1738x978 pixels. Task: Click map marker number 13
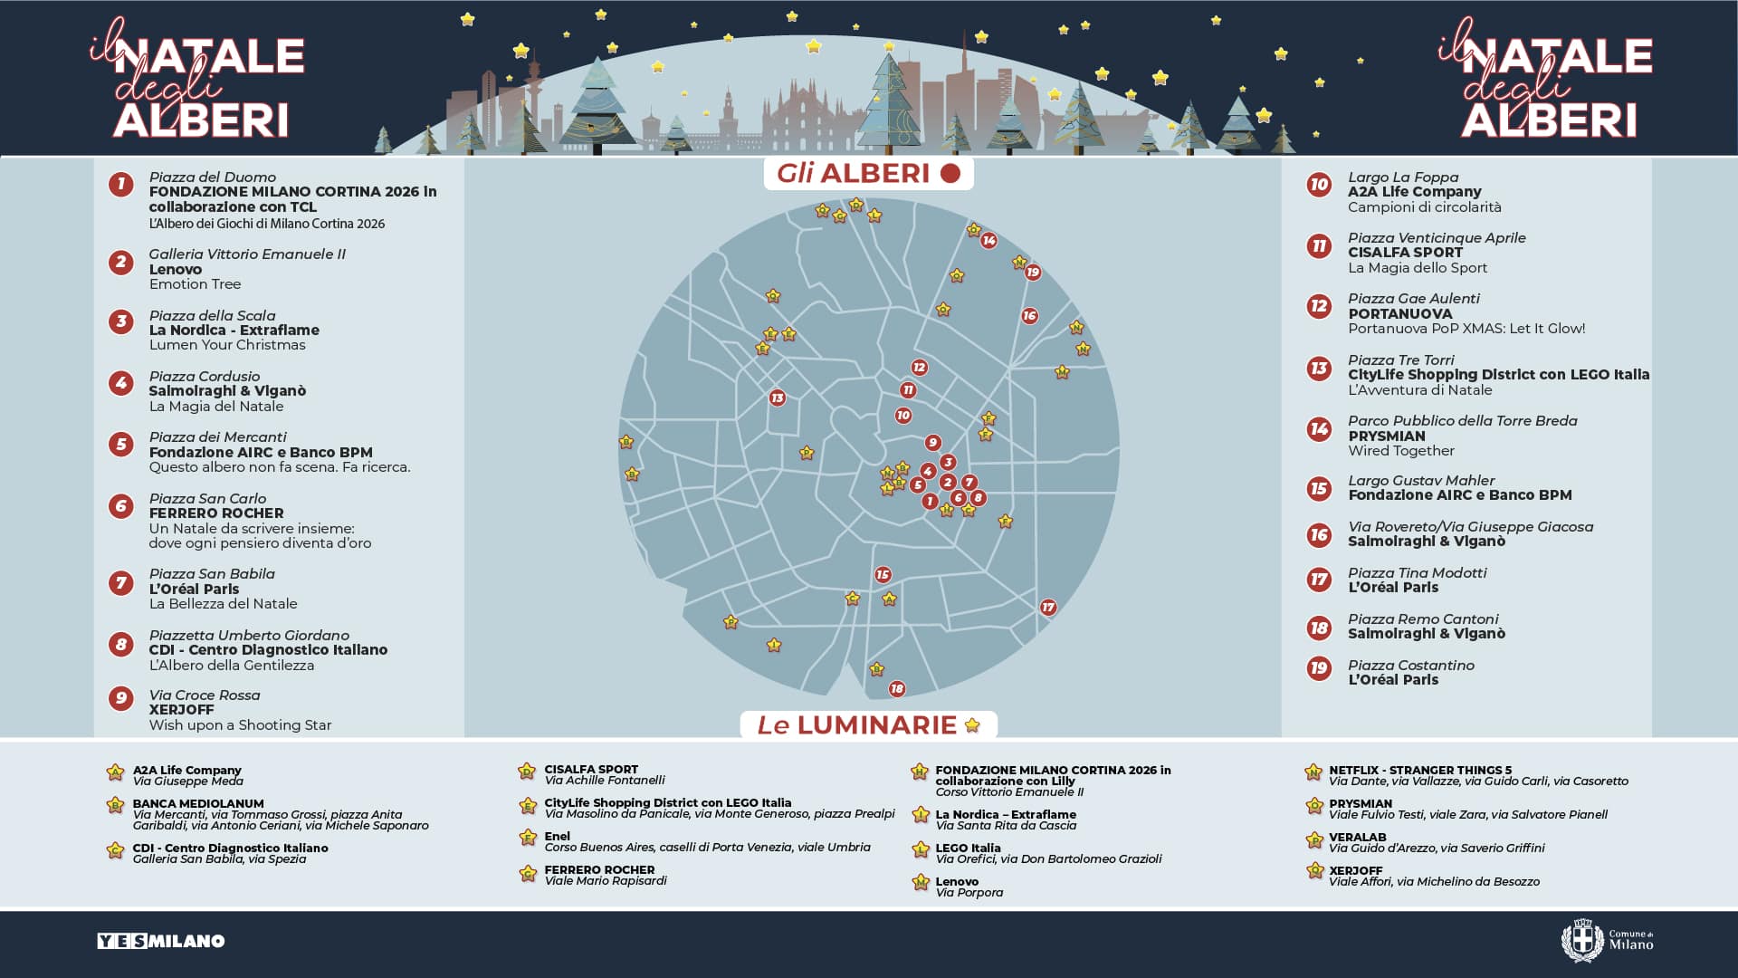(x=777, y=398)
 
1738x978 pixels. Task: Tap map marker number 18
(x=896, y=688)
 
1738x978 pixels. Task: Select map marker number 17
(x=1047, y=607)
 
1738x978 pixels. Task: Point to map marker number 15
(x=883, y=574)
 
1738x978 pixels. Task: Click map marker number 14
(x=988, y=240)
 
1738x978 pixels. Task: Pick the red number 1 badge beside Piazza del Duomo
(x=120, y=185)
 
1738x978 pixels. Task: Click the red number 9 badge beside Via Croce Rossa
(x=120, y=697)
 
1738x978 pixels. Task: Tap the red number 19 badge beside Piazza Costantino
(x=1319, y=668)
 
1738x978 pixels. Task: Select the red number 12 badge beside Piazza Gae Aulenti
(x=1319, y=306)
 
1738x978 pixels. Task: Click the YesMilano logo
(x=161, y=941)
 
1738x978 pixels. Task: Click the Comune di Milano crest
(x=1581, y=940)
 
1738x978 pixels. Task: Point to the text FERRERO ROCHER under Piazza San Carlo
(x=216, y=513)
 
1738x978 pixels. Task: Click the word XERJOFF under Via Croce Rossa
(x=181, y=709)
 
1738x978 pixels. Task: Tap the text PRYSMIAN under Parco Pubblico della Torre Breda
(x=1386, y=436)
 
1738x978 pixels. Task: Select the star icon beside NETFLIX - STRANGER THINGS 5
(x=1313, y=772)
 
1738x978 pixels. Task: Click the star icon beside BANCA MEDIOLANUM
(x=115, y=805)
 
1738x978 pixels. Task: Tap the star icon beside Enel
(x=528, y=838)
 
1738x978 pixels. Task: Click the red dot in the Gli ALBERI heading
(x=950, y=173)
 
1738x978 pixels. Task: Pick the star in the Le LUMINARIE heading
(x=972, y=724)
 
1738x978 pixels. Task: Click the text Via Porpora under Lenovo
(x=969, y=892)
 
